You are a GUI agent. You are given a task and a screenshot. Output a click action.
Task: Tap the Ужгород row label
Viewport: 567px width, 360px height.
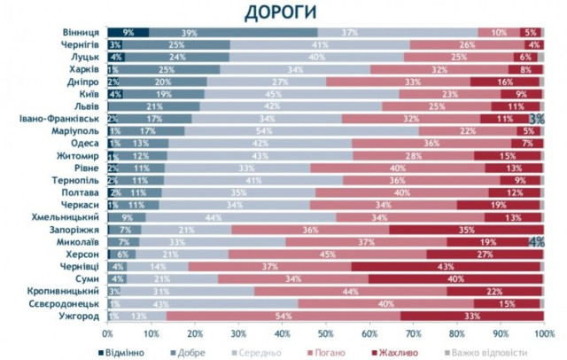point(79,316)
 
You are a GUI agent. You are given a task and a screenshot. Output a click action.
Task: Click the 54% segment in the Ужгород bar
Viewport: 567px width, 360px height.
point(283,316)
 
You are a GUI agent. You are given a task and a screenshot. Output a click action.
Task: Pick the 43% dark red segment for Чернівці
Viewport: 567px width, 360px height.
point(447,266)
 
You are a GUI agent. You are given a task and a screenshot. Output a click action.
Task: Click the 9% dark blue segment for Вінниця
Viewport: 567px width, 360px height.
point(128,32)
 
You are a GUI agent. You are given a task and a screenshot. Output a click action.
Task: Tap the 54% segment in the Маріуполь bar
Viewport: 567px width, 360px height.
point(300,130)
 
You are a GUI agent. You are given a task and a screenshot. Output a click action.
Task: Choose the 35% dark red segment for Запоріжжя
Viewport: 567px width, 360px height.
point(465,229)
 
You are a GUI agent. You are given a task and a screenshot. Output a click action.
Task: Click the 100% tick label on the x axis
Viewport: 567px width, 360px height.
point(543,333)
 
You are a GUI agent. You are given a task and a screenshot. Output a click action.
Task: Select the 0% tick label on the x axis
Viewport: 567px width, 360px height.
point(108,333)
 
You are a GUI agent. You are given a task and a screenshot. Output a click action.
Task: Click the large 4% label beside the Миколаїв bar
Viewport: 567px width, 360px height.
point(536,241)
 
